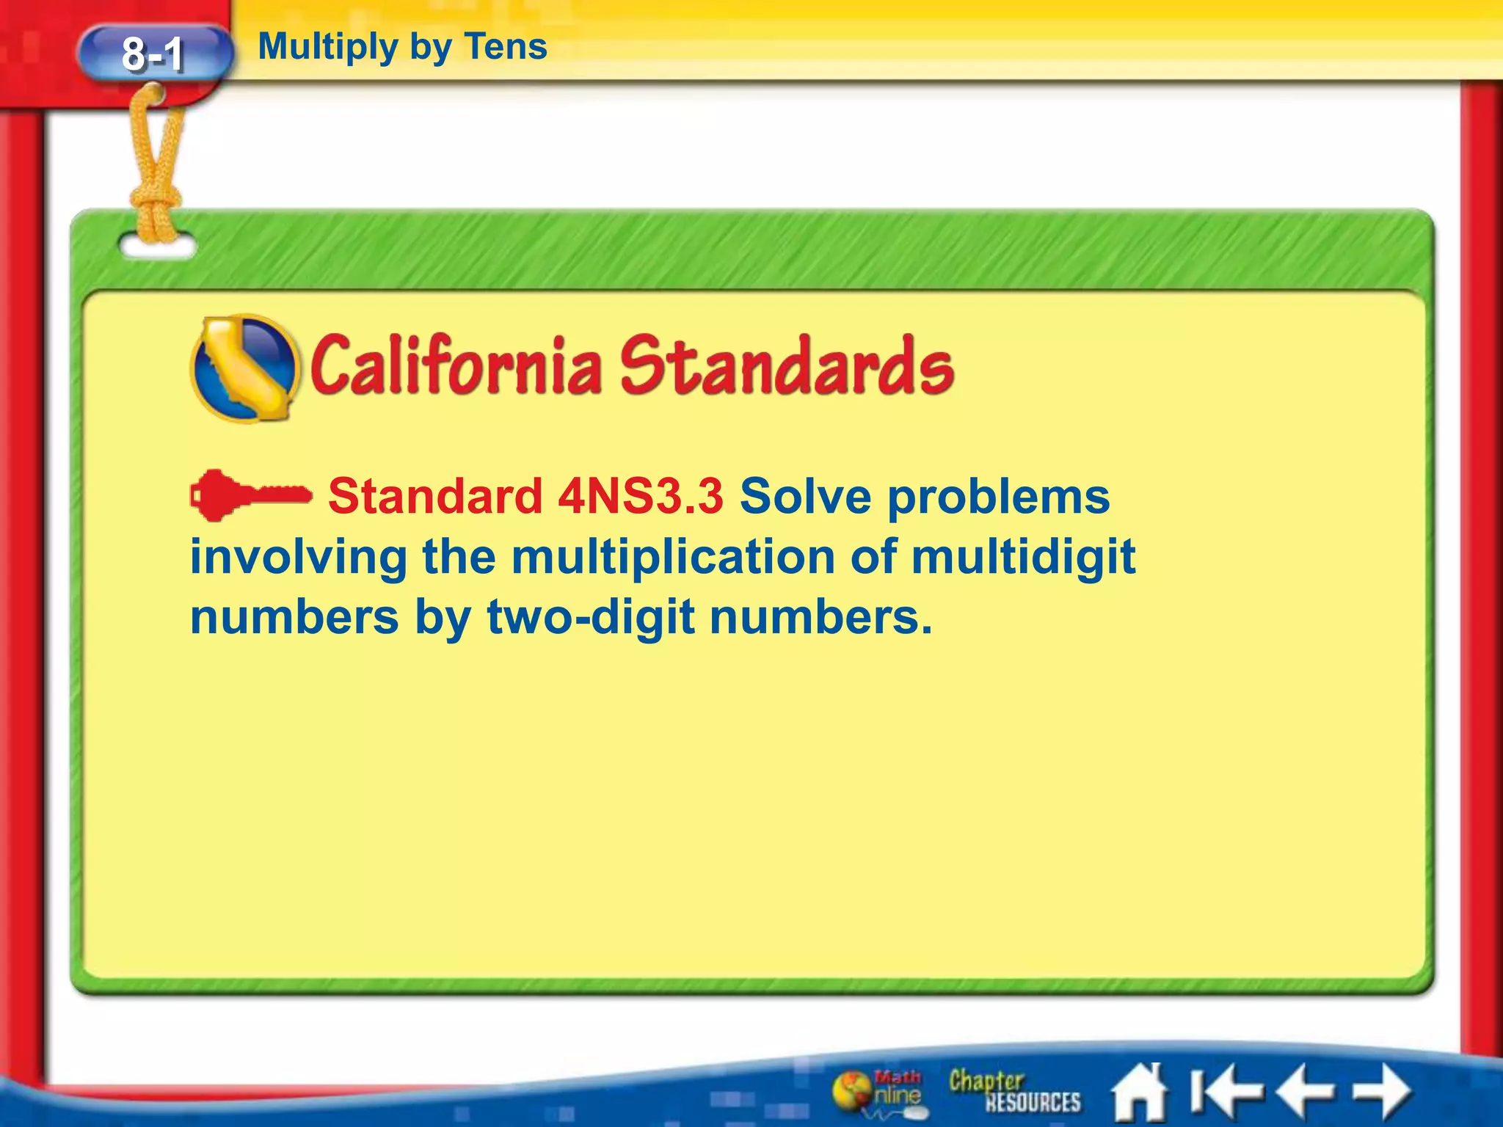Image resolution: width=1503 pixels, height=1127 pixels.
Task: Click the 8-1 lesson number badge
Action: click(153, 54)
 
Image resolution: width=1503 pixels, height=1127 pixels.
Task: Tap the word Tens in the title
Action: click(506, 47)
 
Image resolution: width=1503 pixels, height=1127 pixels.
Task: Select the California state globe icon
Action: click(245, 368)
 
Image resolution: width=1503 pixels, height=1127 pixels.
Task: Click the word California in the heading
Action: click(456, 365)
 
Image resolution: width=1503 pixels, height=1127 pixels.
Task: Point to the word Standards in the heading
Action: click(786, 365)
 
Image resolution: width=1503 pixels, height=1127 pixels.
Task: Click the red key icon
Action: click(250, 495)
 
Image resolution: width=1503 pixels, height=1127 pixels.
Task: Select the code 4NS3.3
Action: click(641, 496)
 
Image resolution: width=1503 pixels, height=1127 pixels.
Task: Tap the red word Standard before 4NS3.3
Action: click(435, 496)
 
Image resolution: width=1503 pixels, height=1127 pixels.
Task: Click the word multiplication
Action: click(673, 558)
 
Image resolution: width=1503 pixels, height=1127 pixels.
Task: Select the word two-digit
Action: click(591, 618)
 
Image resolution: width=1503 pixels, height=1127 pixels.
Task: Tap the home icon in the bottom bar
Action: click(1139, 1092)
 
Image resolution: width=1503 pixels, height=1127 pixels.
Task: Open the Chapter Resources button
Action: click(1013, 1092)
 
